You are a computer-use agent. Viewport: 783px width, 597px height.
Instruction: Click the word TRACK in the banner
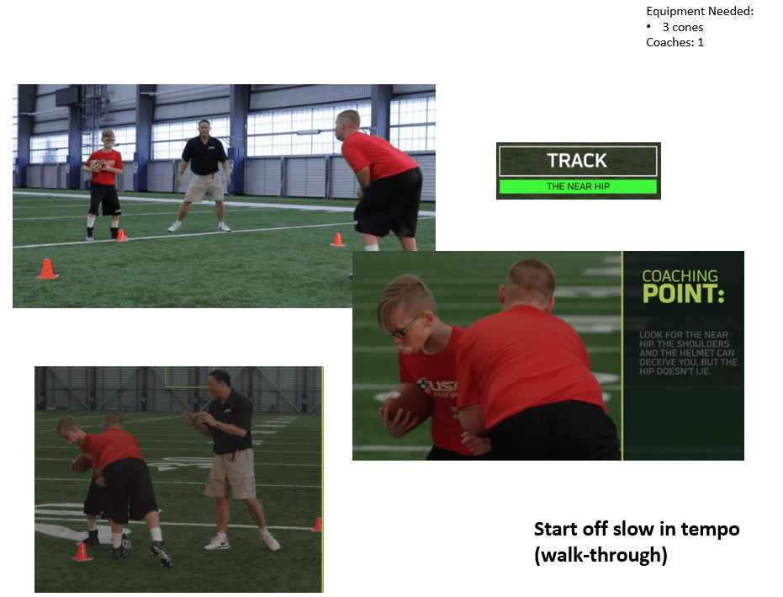point(577,161)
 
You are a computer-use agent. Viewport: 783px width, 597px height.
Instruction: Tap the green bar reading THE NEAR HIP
point(579,186)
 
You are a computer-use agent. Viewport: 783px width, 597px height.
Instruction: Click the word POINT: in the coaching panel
point(683,294)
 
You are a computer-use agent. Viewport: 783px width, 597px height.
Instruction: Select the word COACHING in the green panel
point(680,276)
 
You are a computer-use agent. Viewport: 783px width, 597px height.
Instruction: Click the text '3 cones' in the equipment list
point(683,27)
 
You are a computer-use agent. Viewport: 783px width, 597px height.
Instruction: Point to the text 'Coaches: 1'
point(675,42)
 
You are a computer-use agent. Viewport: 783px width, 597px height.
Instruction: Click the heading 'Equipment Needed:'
point(700,11)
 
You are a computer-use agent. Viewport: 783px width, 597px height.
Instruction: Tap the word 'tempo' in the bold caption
point(710,530)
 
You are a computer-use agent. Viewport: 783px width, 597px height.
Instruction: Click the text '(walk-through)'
point(600,555)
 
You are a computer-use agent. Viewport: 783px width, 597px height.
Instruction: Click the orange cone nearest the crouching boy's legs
point(337,240)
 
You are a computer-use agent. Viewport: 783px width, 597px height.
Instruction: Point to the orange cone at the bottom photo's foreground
point(81,552)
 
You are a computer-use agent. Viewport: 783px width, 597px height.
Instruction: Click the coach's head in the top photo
point(204,128)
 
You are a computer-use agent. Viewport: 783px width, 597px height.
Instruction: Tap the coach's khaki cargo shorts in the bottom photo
point(230,473)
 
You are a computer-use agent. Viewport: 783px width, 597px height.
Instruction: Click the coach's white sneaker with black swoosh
point(217,543)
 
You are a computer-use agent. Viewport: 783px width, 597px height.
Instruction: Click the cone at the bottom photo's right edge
point(318,525)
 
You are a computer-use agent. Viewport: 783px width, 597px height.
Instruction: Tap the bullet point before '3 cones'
point(648,26)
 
